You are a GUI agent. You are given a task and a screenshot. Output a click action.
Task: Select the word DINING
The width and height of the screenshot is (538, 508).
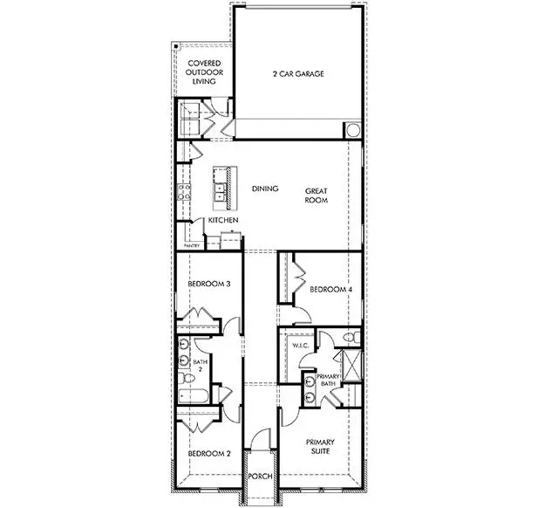point(265,189)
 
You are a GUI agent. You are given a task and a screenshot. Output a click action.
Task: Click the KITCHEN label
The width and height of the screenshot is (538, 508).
point(223,221)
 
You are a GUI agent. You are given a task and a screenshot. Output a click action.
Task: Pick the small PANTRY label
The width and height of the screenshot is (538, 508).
point(193,246)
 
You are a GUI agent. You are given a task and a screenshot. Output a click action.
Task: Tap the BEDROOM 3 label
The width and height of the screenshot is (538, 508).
point(209,283)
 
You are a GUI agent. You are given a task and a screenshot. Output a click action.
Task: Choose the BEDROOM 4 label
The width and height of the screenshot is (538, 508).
point(330,289)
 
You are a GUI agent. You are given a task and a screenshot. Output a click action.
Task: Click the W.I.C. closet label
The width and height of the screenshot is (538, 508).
point(301,346)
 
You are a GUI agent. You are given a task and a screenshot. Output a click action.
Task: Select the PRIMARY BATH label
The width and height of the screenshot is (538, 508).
point(328,379)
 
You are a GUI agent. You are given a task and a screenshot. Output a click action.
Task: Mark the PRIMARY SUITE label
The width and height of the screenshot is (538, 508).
point(320,447)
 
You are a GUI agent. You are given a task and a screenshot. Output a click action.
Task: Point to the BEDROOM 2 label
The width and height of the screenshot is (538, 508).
point(209,454)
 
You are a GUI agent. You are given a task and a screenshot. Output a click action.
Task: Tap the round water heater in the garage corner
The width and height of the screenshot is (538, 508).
point(352,131)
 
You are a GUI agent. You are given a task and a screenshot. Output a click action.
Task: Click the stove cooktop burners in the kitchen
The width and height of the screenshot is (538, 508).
point(183,193)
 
